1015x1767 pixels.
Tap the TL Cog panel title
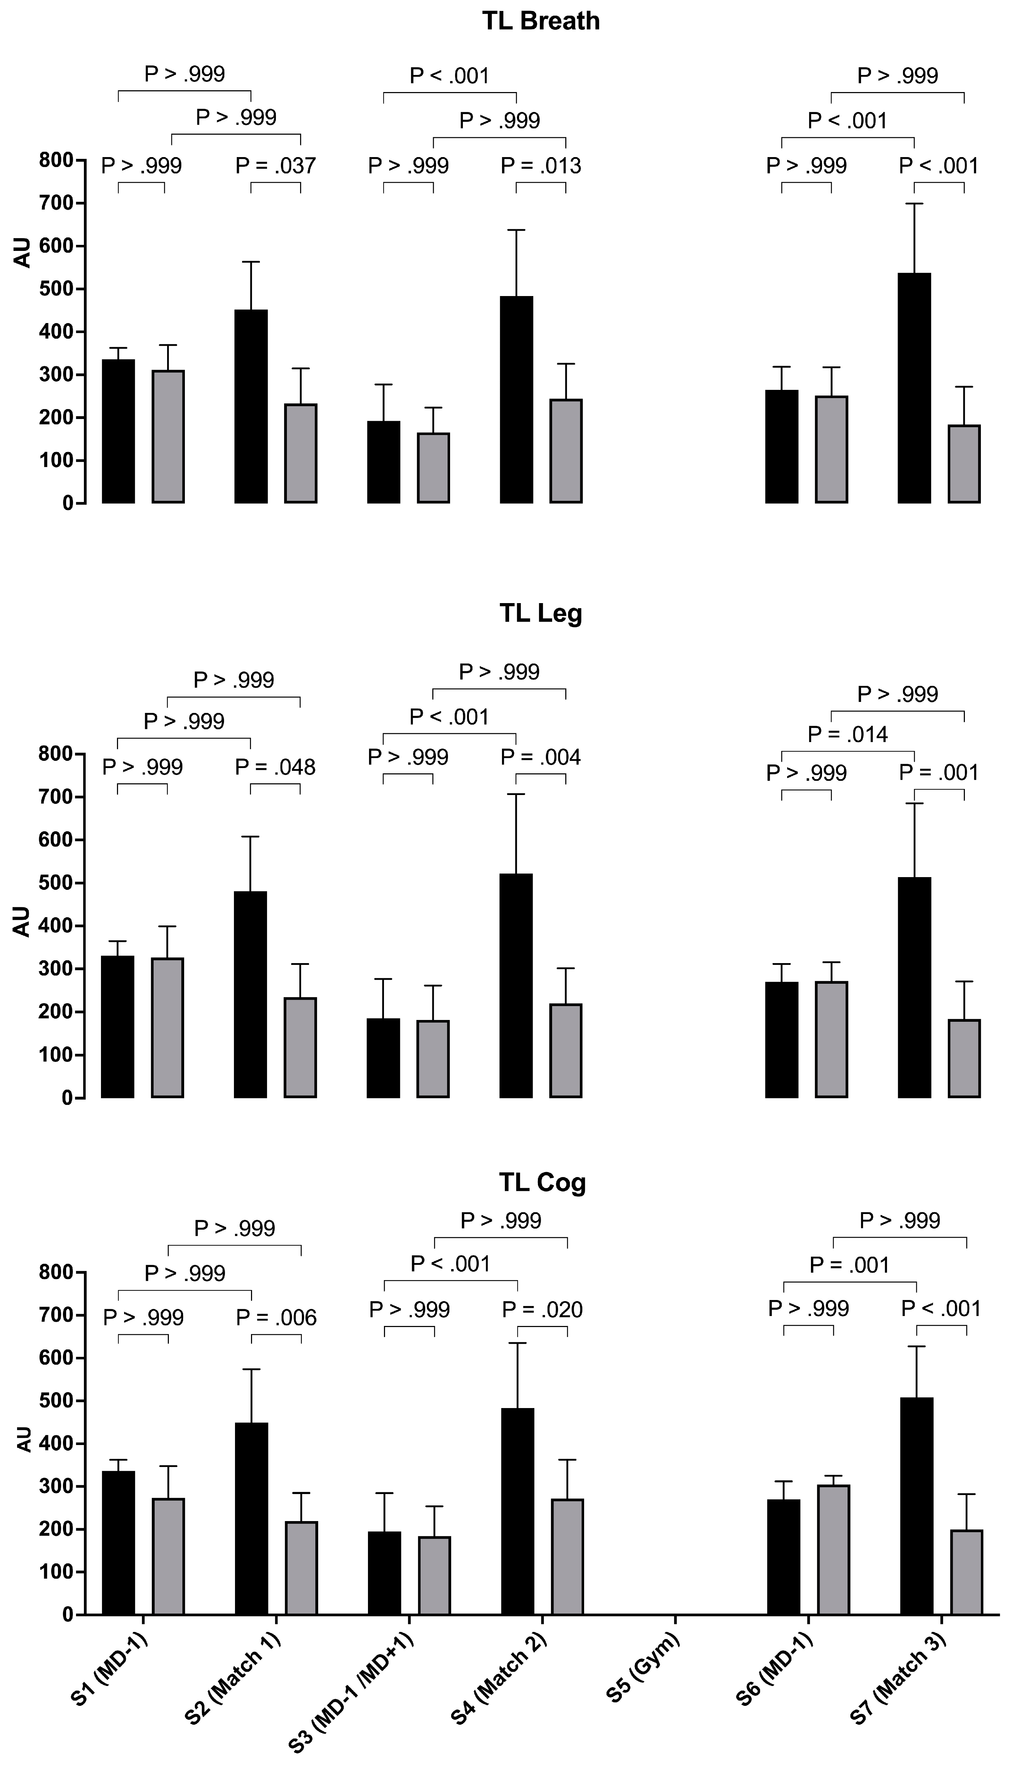(543, 1182)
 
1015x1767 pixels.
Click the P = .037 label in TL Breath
(276, 166)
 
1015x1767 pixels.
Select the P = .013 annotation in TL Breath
(541, 166)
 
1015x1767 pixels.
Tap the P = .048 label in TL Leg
(276, 767)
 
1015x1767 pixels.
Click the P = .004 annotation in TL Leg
(541, 757)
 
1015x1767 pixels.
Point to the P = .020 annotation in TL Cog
(543, 1310)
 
